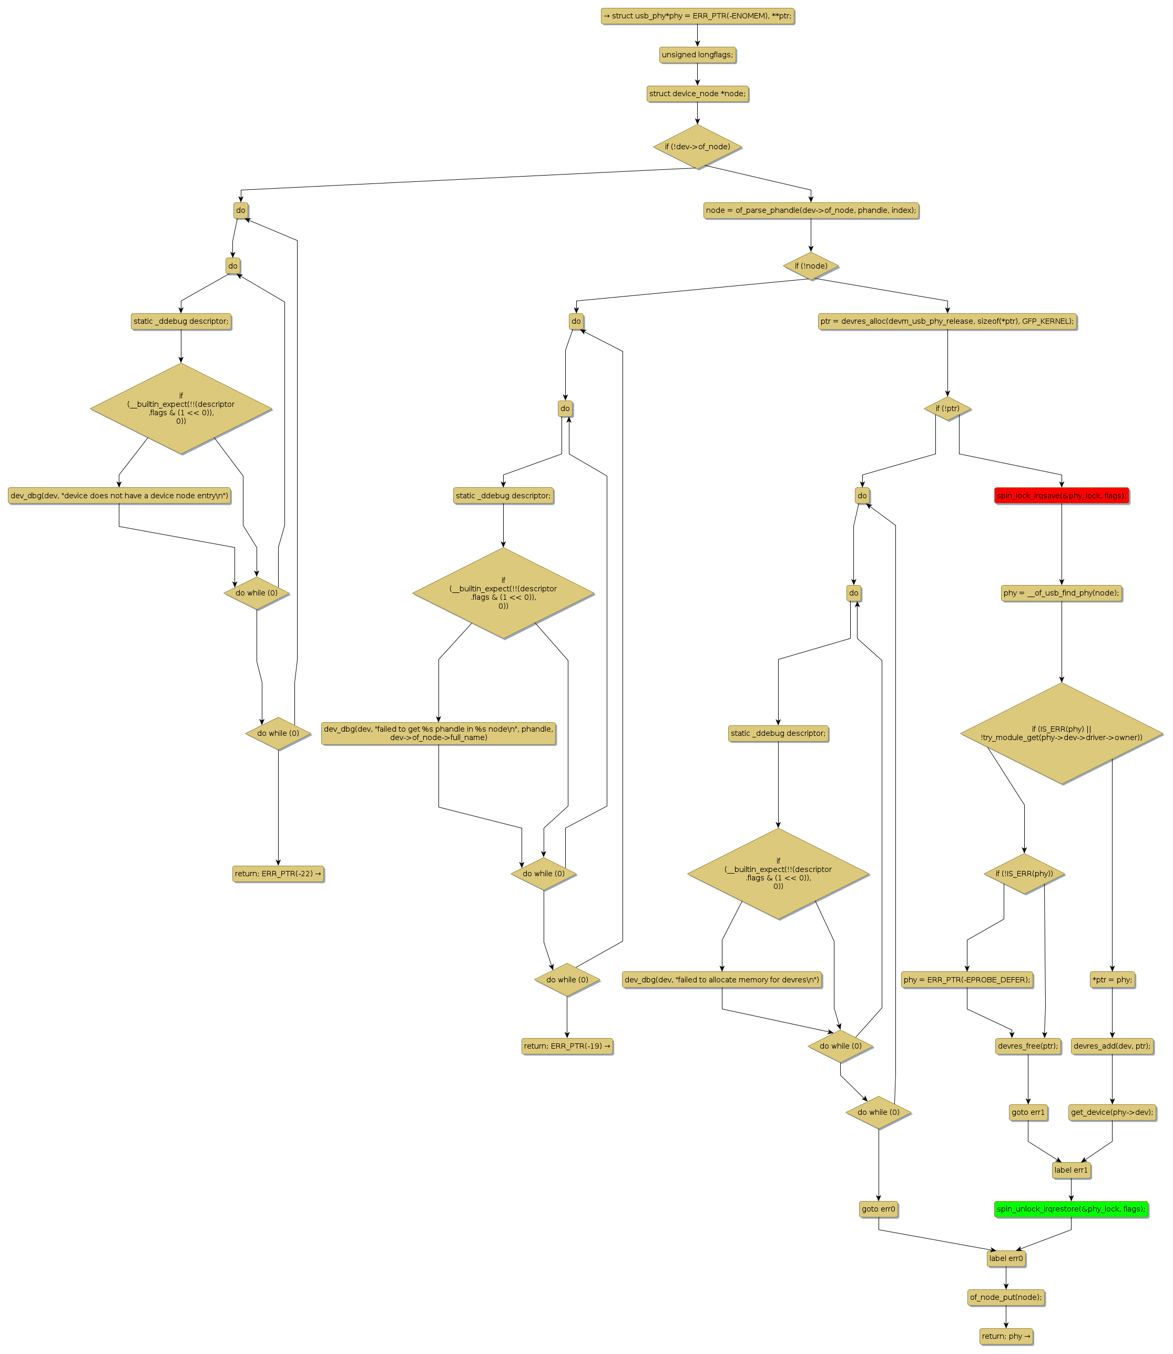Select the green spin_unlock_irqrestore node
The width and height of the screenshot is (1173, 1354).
(1071, 1209)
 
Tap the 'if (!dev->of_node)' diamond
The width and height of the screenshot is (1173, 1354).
(697, 147)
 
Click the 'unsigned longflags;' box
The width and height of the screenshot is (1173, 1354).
(697, 55)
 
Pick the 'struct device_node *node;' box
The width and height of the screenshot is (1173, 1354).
(697, 94)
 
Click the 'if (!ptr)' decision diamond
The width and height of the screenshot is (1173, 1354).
(947, 408)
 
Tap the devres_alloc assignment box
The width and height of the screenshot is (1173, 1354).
(947, 321)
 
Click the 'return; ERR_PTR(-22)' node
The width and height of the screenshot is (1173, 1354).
(278, 874)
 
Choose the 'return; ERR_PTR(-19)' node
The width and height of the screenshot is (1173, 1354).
(567, 1046)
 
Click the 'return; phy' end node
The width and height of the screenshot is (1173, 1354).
(1006, 1336)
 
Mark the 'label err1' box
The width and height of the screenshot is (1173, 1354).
(1071, 1170)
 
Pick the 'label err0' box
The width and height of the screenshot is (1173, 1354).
(1006, 1258)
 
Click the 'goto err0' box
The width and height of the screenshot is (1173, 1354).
(879, 1209)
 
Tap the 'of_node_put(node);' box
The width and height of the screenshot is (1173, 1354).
(1006, 1297)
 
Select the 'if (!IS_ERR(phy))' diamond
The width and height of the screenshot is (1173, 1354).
(1024, 874)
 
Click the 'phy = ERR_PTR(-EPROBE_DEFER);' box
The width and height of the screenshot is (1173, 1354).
(967, 980)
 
